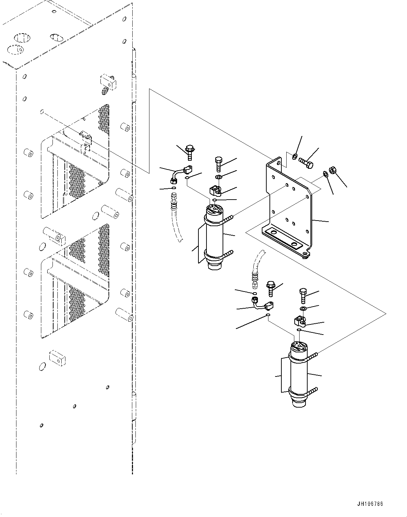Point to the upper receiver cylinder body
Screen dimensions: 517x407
point(215,238)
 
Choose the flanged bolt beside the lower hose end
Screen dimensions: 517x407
point(271,288)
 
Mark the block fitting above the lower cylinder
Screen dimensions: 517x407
point(299,319)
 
